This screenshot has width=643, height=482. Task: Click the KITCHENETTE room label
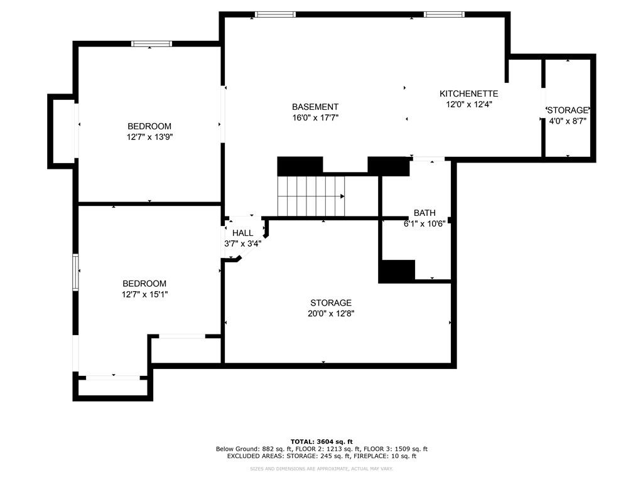pos(468,94)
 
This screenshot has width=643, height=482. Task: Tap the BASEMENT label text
pos(315,107)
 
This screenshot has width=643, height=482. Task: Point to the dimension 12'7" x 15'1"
pos(145,294)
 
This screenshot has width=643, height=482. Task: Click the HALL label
pos(242,233)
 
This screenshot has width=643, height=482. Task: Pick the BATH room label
pos(424,213)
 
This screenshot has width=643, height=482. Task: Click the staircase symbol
pos(311,196)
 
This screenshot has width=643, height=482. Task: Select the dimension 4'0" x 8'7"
pos(568,120)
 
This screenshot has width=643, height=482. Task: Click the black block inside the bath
pos(396,270)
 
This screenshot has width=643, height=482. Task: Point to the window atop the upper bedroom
pos(151,43)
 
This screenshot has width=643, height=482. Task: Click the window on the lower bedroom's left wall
pos(75,272)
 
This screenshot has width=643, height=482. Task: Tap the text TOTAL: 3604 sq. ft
pos(321,441)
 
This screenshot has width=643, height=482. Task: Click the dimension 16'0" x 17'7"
pos(315,117)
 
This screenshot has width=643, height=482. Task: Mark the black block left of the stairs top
pos(300,166)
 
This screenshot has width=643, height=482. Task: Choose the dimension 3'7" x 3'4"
pos(242,243)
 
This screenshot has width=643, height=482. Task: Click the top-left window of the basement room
pos(275,14)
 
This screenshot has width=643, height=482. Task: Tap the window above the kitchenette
pos(444,14)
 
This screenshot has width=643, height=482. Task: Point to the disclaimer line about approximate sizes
pos(321,469)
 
